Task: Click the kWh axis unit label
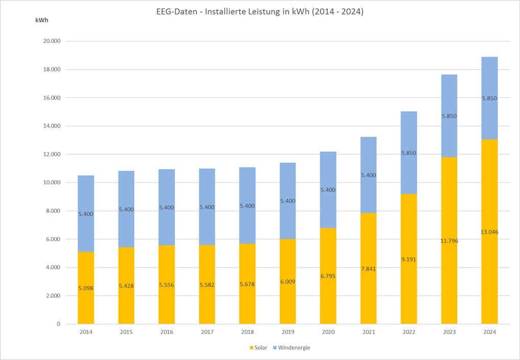point(42,20)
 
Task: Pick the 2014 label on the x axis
point(85,332)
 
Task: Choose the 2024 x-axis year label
point(489,332)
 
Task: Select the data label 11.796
point(449,241)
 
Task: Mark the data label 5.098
point(85,288)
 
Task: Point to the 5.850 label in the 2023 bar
point(449,116)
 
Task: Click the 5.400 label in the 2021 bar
point(368,175)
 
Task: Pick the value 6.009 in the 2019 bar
point(288,281)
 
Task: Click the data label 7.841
point(368,269)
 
